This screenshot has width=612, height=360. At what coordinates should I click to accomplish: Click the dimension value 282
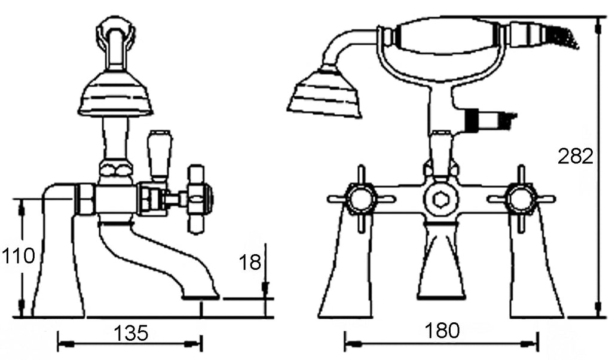[576, 156]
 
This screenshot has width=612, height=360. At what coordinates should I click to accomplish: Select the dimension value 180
[442, 331]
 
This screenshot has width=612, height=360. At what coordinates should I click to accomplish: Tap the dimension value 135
[131, 333]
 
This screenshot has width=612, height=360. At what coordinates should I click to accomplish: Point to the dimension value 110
[19, 256]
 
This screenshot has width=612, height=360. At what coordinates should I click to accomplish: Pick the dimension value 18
[249, 262]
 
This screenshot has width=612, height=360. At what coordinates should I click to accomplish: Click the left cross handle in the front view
[360, 199]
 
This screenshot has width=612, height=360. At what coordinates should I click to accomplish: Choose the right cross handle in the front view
[521, 199]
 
